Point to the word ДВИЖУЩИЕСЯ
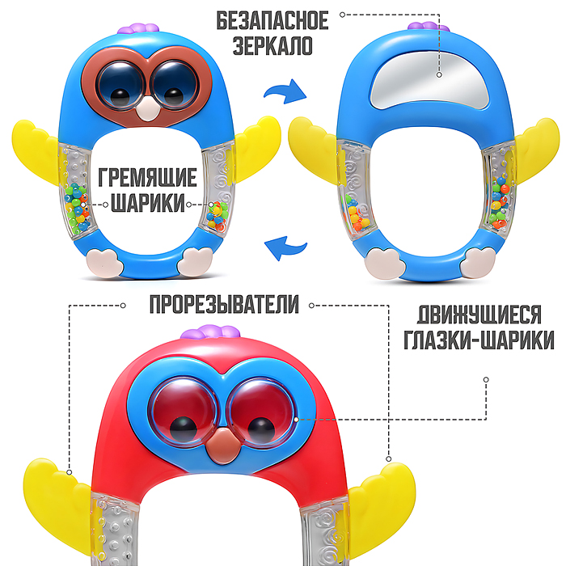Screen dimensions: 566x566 coord(484,314)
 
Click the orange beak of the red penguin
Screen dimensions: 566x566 coord(220,444)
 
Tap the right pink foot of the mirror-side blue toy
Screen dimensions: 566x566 coord(480,261)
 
